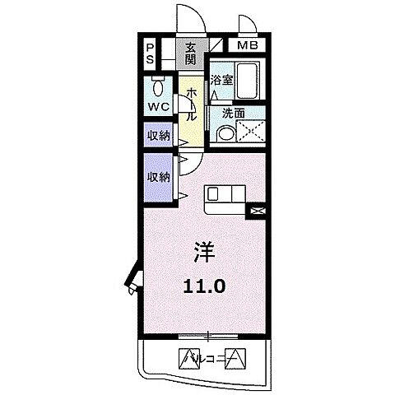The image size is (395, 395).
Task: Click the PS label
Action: tap(151, 55)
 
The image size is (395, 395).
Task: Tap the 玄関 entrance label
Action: tap(190, 53)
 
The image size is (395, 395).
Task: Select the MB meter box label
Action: tap(248, 45)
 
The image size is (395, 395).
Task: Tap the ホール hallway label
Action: tap(190, 105)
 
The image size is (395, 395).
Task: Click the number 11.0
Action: tap(207, 286)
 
